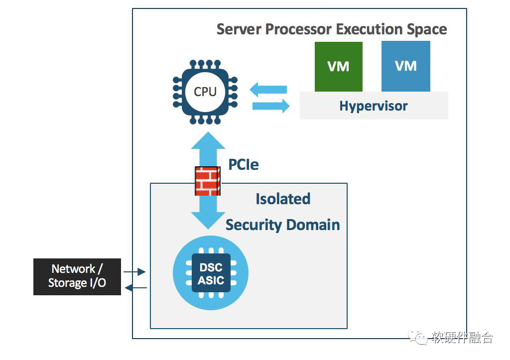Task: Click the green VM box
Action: coord(338,67)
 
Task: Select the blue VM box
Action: coord(405,66)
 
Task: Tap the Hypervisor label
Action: coord(374,106)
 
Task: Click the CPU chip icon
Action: coord(205,92)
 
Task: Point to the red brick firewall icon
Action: coord(208,181)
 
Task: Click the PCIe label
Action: coord(243,164)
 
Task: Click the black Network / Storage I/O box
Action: coord(77,277)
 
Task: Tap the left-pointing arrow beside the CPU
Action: coord(268,90)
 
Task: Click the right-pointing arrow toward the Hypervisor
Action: coord(271,106)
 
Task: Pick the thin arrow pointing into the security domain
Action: coord(134,271)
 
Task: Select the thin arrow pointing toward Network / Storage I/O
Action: coord(136,288)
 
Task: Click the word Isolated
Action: coord(283,199)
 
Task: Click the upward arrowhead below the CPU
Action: coord(208,140)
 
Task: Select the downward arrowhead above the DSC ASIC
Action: coord(208,221)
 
